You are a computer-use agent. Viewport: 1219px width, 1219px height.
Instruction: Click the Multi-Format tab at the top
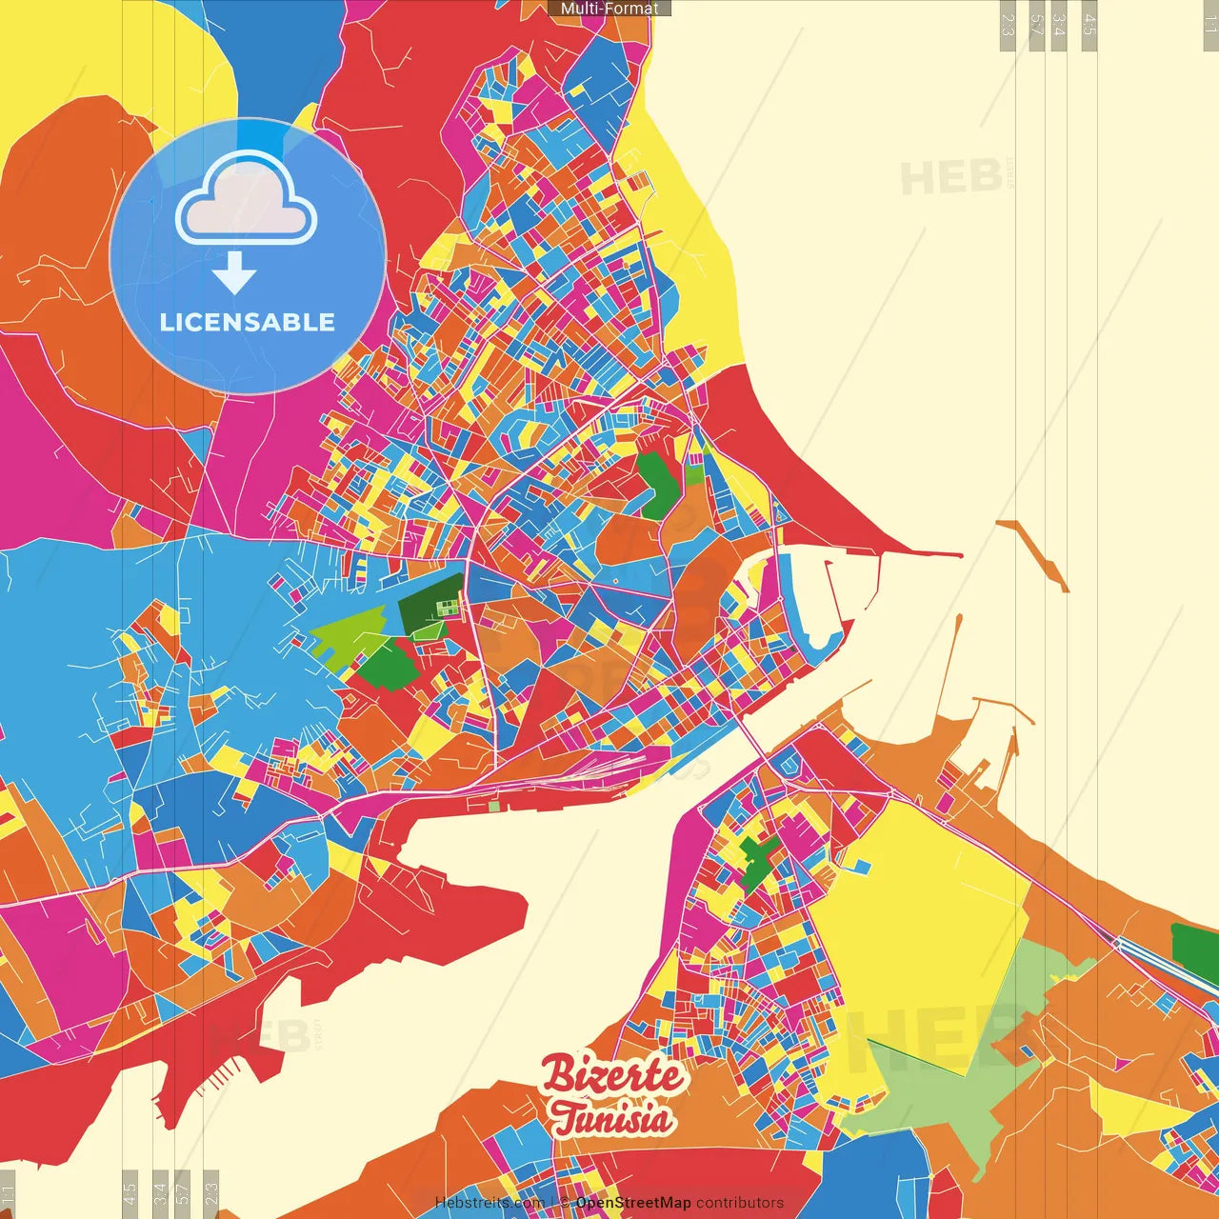pyautogui.click(x=609, y=9)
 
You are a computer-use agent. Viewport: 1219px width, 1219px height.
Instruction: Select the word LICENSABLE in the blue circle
pyautogui.click(x=248, y=322)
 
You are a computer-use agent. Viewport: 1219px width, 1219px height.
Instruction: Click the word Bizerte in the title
pyautogui.click(x=612, y=1076)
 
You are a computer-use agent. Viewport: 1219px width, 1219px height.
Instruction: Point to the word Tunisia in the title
pyautogui.click(x=610, y=1118)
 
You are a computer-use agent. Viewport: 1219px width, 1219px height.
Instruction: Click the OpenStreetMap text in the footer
pyautogui.click(x=633, y=1203)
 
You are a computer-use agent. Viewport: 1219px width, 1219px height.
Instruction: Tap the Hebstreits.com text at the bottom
pyautogui.click(x=490, y=1203)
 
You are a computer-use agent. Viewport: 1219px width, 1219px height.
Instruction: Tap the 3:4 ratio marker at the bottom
pyautogui.click(x=160, y=1192)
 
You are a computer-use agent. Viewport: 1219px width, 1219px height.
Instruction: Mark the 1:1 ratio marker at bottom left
pyautogui.click(x=8, y=1192)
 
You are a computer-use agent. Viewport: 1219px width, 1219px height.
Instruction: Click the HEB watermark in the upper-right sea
pyautogui.click(x=952, y=177)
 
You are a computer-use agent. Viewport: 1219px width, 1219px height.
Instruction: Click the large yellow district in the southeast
pyautogui.click(x=924, y=914)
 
